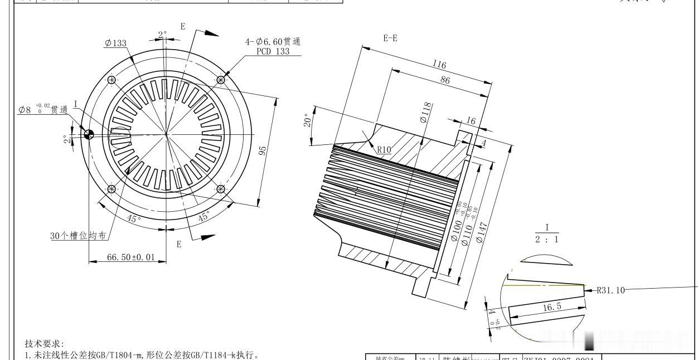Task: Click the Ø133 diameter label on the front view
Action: [x=115, y=43]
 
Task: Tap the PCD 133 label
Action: [x=274, y=51]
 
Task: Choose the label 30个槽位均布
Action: [x=78, y=236]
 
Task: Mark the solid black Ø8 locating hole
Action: [x=89, y=134]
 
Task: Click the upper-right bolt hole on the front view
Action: [x=221, y=80]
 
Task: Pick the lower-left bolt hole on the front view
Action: [x=112, y=189]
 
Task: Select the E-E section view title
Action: [x=390, y=38]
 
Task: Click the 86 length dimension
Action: [x=444, y=80]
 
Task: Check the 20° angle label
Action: [x=307, y=121]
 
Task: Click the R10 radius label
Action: [x=384, y=149]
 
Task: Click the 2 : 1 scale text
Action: [x=547, y=239]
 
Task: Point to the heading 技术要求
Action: [x=45, y=343]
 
